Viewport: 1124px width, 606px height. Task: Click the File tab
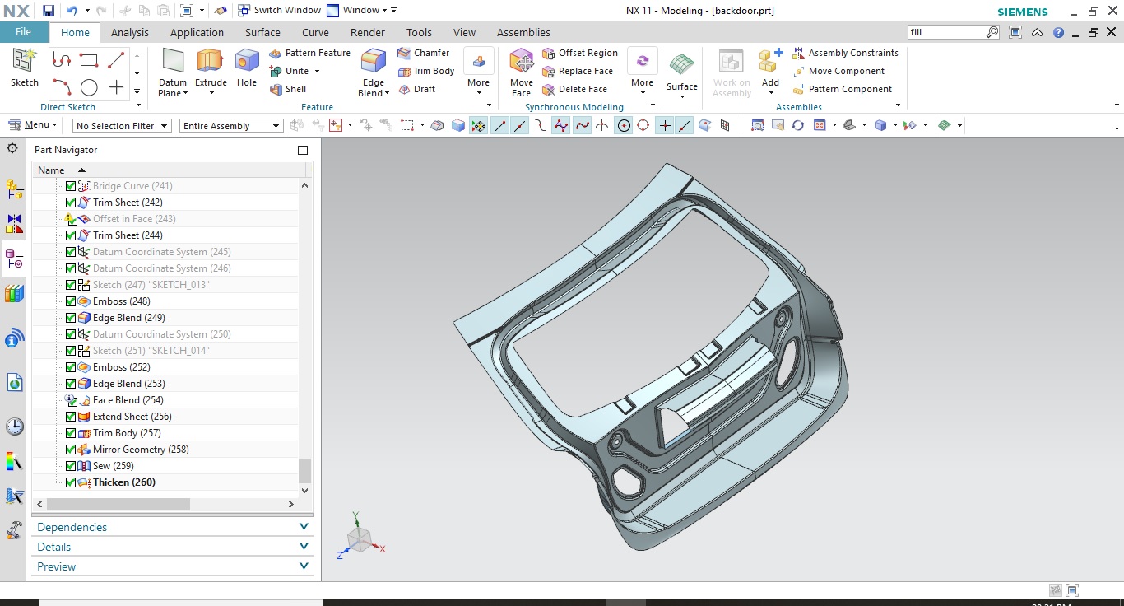(23, 32)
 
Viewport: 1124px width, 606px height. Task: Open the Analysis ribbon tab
(130, 33)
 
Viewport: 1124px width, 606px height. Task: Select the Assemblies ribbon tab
(523, 33)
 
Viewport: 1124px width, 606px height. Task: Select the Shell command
(289, 89)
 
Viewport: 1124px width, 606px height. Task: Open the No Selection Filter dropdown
(122, 126)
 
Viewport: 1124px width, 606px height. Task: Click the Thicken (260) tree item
(123, 482)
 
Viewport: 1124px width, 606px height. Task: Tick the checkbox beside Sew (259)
(71, 466)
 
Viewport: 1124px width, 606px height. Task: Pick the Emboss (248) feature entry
(121, 301)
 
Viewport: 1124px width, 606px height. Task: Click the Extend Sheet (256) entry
(132, 417)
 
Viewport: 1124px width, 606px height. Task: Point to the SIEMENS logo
(1023, 12)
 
